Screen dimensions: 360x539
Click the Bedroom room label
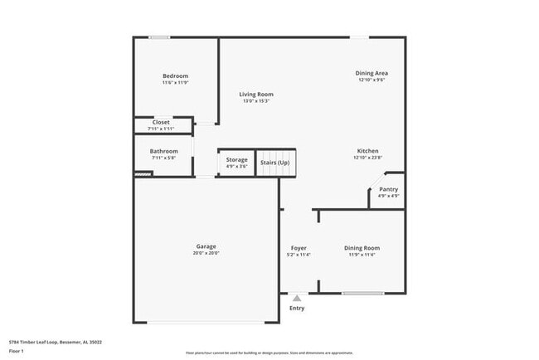175,76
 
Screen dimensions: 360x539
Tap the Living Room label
256,95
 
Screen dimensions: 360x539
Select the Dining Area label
371,73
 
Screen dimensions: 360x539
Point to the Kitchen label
367,150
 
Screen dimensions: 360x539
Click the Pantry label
388,189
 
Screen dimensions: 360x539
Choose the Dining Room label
362,248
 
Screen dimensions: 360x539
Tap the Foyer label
299,248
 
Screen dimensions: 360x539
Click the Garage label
206,246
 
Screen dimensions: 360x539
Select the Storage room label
237,159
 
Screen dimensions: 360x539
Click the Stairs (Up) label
274,163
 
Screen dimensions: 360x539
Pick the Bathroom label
163,151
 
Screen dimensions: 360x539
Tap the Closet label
161,122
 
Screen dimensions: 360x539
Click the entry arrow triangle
297,298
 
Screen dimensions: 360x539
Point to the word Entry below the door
297,309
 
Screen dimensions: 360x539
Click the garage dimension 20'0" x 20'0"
206,253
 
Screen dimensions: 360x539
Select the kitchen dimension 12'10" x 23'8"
367,158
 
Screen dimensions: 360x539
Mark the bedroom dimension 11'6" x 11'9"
175,83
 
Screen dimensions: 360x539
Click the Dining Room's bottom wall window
362,293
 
